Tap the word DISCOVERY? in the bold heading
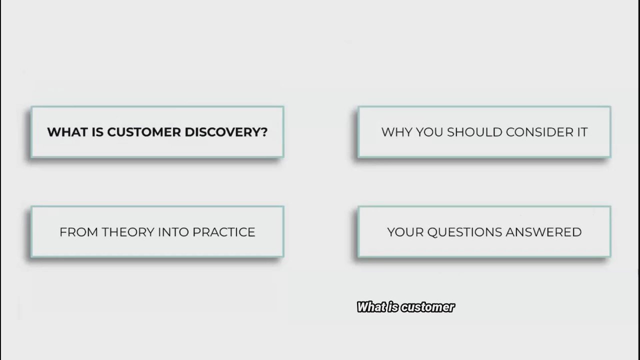pyautogui.click(x=226, y=132)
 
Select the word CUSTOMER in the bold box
pyautogui.click(x=144, y=132)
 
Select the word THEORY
pyautogui.click(x=128, y=232)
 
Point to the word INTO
pyautogui.click(x=173, y=232)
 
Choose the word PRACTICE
pyautogui.click(x=223, y=232)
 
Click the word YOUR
pyautogui.click(x=405, y=232)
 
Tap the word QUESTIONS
pyautogui.click(x=464, y=232)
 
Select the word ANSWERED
pyautogui.click(x=543, y=232)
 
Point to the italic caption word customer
pyautogui.click(x=428, y=307)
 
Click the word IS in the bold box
pyautogui.click(x=97, y=132)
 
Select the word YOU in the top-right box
pyautogui.click(x=429, y=132)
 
